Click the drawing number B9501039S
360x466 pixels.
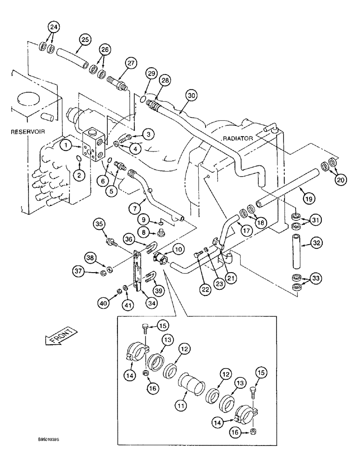(51, 439)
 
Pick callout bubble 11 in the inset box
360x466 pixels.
(181, 406)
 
